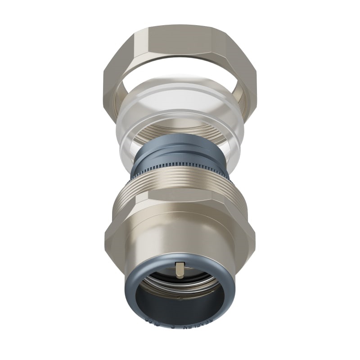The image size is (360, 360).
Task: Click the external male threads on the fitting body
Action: point(180,180)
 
